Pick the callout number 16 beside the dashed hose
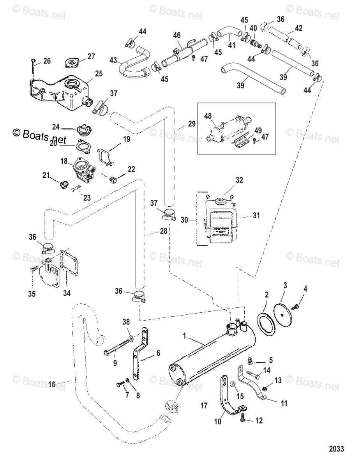(52, 384)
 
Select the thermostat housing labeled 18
(83, 172)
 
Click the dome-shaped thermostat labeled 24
(83, 130)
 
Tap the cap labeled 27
(72, 63)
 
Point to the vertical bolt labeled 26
(33, 64)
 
